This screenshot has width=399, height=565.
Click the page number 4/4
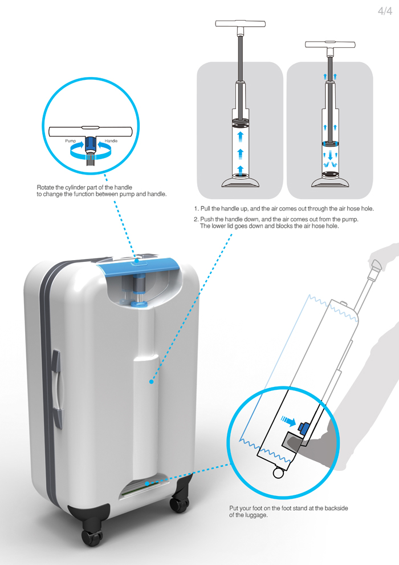click(x=385, y=11)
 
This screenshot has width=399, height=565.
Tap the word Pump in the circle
click(x=71, y=141)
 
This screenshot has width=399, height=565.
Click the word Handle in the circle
click(x=111, y=141)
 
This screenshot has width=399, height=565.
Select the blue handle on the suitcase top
click(x=139, y=265)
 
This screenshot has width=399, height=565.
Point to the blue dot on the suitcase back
click(x=152, y=382)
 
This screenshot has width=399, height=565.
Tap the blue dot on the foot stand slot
click(x=147, y=483)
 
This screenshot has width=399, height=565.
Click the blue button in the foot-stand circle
click(x=302, y=427)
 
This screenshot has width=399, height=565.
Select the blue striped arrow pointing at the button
click(x=288, y=420)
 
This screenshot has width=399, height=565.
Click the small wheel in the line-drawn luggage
click(x=278, y=473)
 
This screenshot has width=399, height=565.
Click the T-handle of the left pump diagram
click(x=241, y=24)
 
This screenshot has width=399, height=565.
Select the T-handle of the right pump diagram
click(x=330, y=45)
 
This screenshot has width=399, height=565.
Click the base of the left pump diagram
click(x=241, y=182)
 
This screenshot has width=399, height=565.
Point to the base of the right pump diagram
click(x=330, y=182)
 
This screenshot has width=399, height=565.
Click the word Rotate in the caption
click(x=46, y=187)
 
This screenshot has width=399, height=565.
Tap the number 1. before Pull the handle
click(x=197, y=209)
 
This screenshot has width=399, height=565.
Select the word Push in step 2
click(x=207, y=219)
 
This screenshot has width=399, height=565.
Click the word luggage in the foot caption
click(x=256, y=515)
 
